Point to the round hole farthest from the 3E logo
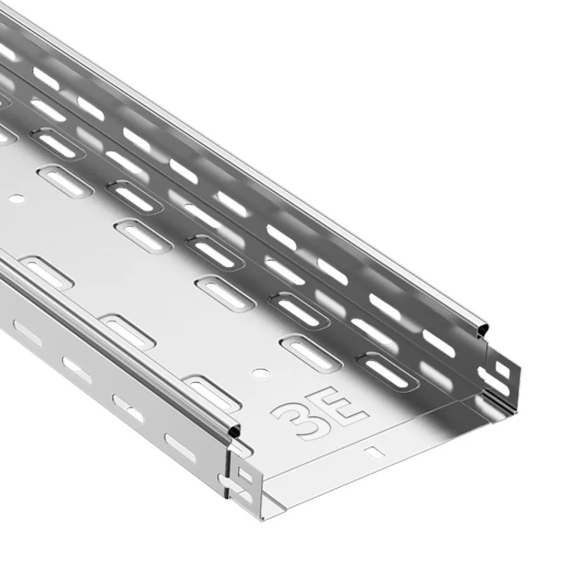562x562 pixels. tap(17, 198)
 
